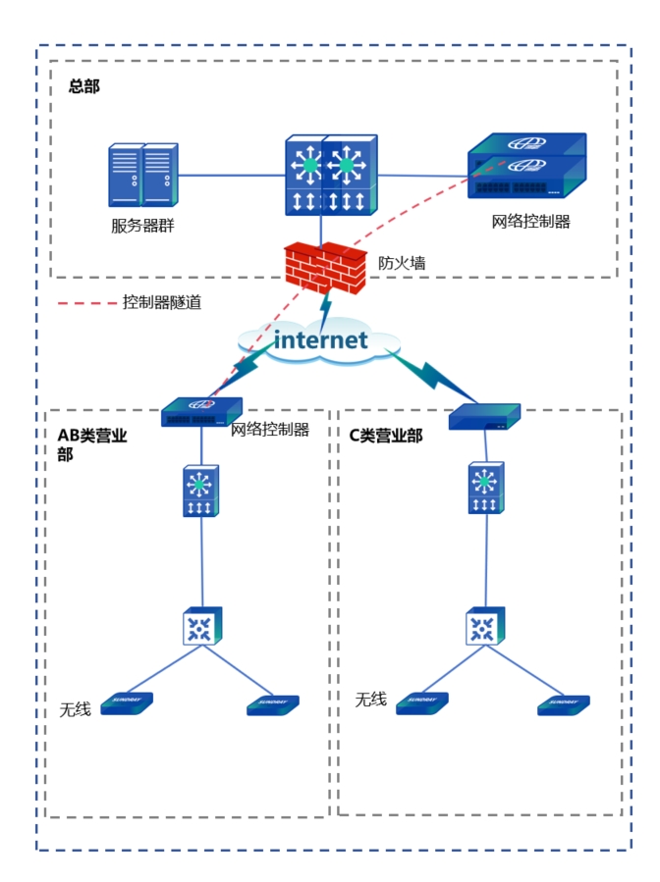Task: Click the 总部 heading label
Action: pos(84,86)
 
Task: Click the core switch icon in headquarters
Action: pos(330,175)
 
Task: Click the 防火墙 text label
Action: pos(402,263)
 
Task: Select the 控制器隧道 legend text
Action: pos(162,303)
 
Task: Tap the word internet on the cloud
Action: pos(320,340)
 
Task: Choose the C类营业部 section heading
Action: pos(386,436)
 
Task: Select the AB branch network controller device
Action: pos(201,412)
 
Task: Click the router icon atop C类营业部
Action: pos(483,418)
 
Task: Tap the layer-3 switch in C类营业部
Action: pos(483,489)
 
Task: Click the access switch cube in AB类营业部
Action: pos(202,627)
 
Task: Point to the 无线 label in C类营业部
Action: pos(370,700)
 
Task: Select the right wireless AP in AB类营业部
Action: pos(272,704)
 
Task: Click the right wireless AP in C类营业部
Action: pos(563,704)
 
